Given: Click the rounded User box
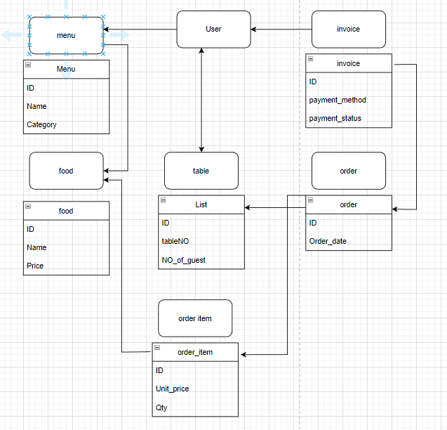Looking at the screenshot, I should point(213,30).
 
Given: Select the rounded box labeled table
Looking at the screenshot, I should point(201,171).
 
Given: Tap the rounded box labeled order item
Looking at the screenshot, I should point(195,318).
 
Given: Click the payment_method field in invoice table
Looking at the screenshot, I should point(338,100).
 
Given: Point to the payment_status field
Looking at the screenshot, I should point(335,119).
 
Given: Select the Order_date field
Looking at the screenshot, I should point(328,242).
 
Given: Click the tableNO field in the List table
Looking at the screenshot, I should point(175,241).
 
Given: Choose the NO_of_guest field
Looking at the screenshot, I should point(183,260).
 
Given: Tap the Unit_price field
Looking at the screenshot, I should point(172,389).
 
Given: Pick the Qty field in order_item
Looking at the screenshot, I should point(161,408).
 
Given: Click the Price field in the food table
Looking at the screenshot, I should point(35,266).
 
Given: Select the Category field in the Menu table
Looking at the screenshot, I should point(41,124).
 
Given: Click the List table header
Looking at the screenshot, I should point(201,204).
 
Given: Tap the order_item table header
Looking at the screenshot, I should point(195,352).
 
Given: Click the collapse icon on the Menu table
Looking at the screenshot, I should point(28,65).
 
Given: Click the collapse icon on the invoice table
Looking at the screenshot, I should point(310,59).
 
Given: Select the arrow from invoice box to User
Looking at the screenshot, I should point(281,30).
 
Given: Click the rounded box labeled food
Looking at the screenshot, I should point(66,171).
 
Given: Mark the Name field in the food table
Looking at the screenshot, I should point(36,247).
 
